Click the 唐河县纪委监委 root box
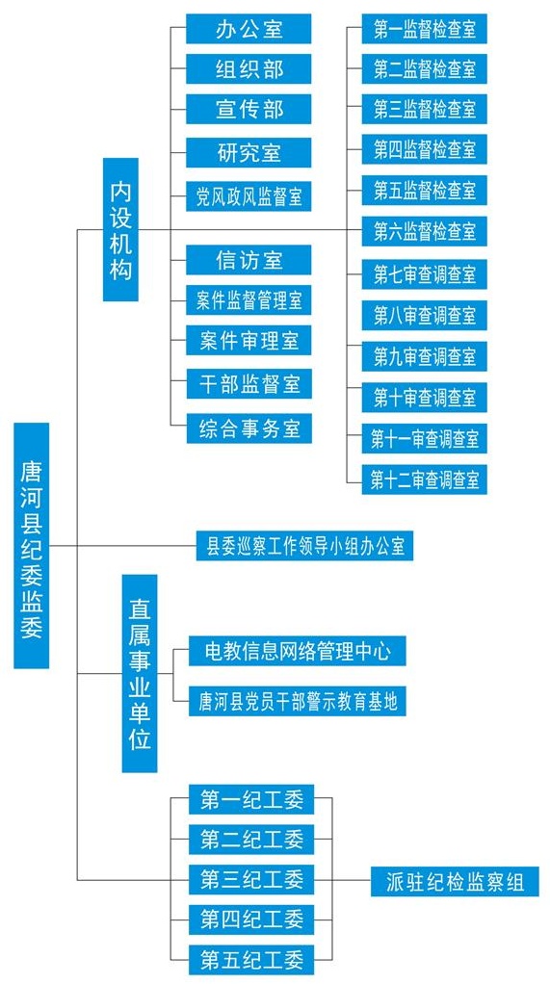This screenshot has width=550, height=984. (32, 545)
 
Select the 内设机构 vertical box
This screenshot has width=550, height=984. (120, 229)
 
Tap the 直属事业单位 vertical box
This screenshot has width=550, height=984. (140, 673)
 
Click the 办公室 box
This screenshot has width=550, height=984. (249, 29)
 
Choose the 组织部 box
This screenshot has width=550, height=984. (249, 68)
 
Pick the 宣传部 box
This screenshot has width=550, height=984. (249, 109)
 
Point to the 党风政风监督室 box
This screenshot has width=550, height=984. (249, 195)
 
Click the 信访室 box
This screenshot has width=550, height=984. (249, 260)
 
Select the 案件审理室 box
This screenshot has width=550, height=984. (249, 341)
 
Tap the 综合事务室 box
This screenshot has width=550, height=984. (249, 428)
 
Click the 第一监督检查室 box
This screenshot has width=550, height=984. (425, 29)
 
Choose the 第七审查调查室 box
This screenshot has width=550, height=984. (425, 273)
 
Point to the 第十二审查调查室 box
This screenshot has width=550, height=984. (425, 479)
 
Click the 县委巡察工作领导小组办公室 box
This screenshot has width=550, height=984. (305, 546)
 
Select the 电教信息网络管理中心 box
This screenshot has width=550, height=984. (298, 651)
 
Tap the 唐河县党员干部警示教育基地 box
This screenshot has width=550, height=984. (298, 701)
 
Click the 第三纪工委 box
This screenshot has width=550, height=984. (251, 879)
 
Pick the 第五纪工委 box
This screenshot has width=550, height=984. (251, 960)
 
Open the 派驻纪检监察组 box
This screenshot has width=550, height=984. (456, 882)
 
